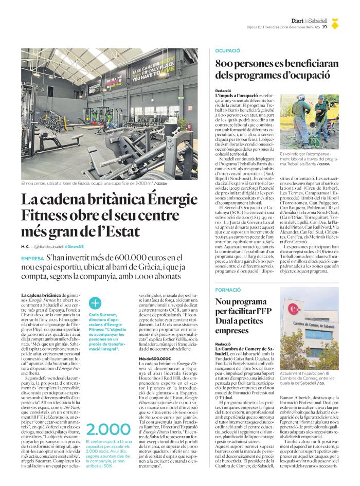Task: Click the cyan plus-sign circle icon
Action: tap(95, 303)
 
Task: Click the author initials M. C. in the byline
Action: tap(25, 246)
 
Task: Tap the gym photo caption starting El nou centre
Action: tap(87, 183)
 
